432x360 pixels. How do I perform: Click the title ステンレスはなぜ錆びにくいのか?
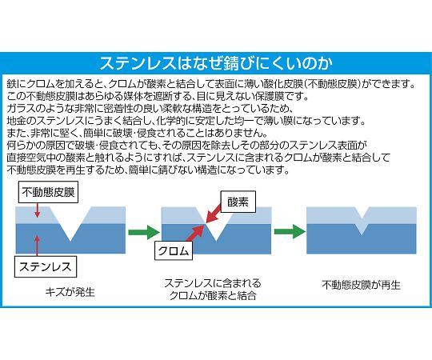pos(216,63)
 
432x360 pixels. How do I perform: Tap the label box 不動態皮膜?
pos(48,192)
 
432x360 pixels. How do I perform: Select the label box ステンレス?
pos(46,266)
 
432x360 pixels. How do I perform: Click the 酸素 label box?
pos(238,202)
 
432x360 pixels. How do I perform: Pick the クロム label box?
pos(174,250)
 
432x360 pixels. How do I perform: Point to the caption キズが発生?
pos(70,292)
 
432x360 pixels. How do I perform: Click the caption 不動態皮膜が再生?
pos(361,285)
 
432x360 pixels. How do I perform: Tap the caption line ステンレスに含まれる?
pos(213,283)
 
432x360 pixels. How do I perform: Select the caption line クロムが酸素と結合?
pos(213,295)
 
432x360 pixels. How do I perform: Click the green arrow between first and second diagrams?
pos(144,232)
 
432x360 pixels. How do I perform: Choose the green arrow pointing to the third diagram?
pos(290,231)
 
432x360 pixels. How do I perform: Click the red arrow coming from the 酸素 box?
pos(214,214)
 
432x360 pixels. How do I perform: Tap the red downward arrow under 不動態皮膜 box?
pos(38,210)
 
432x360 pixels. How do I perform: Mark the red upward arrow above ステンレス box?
pos(37,246)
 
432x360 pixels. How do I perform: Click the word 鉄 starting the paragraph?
pos(10,84)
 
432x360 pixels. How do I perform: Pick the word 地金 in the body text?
pos(15,121)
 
